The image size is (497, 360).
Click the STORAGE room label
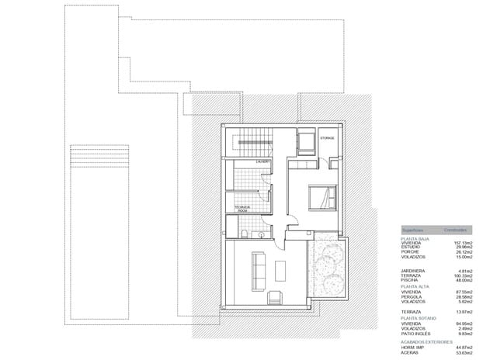pyautogui.click(x=327, y=138)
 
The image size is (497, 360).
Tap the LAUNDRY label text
pyautogui.click(x=262, y=161)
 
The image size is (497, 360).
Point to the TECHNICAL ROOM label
pyautogui.click(x=243, y=209)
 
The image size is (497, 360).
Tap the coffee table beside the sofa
pyautogui.click(x=280, y=269)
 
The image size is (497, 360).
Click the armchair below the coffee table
pyautogui.click(x=275, y=296)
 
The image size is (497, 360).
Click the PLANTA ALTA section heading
pyautogui.click(x=416, y=286)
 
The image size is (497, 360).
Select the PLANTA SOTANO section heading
pyautogui.click(x=419, y=318)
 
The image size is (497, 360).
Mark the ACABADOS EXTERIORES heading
pyautogui.click(x=426, y=341)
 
